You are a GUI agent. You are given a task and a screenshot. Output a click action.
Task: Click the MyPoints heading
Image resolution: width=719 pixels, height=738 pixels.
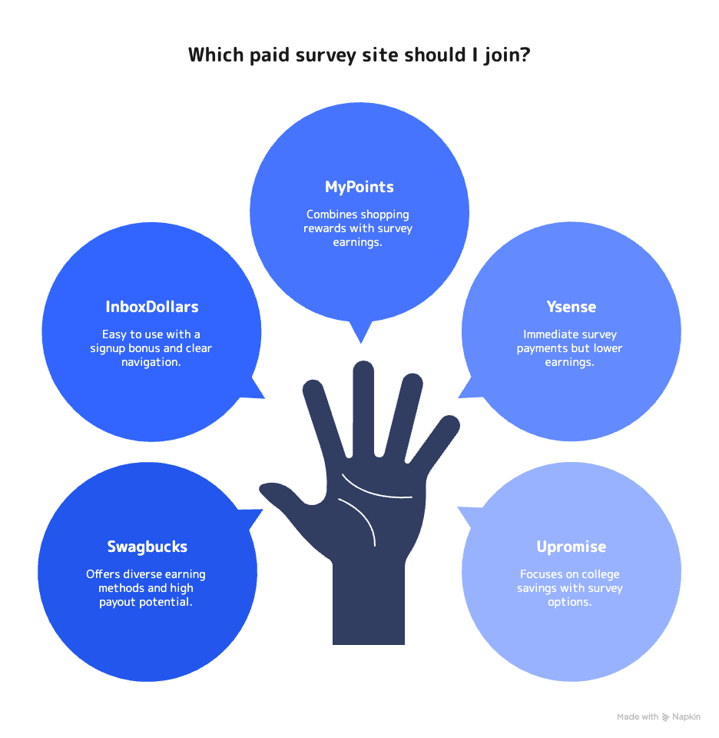(359, 187)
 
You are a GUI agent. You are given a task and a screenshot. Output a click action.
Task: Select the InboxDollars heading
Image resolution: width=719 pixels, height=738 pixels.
(152, 307)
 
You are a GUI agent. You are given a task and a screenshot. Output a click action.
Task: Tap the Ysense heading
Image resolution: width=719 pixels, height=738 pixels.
(571, 307)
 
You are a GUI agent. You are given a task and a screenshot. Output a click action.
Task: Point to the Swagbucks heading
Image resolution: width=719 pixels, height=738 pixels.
(147, 547)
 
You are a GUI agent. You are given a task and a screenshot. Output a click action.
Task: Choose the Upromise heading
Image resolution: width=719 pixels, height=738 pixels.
(571, 547)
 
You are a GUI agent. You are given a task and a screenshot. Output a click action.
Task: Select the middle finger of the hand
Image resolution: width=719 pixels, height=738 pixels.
(364, 408)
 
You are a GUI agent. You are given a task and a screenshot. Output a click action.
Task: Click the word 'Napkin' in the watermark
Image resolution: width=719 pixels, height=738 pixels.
(686, 716)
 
